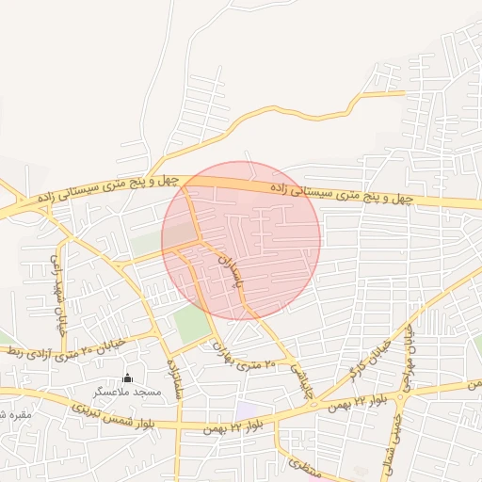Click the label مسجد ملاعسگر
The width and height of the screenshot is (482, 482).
(x=126, y=391)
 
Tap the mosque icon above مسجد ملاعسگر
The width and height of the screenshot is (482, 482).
(x=128, y=378)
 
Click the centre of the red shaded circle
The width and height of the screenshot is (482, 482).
(x=241, y=240)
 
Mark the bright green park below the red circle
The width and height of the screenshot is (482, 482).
(x=193, y=325)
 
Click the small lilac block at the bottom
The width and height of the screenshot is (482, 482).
(x=248, y=411)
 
